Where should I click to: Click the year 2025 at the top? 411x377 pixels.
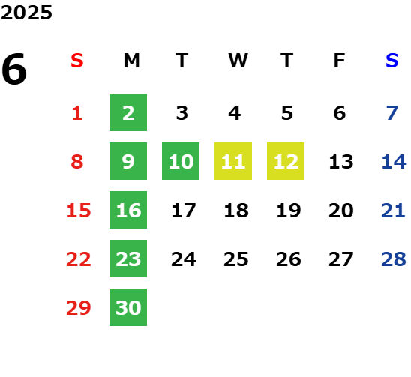(x=26, y=13)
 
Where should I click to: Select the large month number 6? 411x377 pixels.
(x=14, y=69)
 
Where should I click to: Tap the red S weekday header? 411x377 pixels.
(x=77, y=61)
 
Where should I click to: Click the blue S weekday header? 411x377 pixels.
(x=391, y=61)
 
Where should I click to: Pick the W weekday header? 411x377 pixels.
(x=238, y=61)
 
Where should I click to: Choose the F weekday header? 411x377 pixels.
(x=340, y=61)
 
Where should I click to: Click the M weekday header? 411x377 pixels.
(x=131, y=61)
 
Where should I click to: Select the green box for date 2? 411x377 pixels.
(x=128, y=112)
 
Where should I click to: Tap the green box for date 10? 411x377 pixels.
(x=181, y=161)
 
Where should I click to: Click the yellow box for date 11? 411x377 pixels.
(x=233, y=161)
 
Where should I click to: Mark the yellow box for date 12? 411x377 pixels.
(x=286, y=161)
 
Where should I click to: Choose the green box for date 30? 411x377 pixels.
(x=128, y=307)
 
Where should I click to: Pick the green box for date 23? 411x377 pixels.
(x=128, y=259)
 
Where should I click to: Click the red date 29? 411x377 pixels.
(x=79, y=307)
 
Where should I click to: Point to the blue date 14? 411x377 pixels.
(x=394, y=161)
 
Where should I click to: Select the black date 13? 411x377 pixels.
(x=341, y=161)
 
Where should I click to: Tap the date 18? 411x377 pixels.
(x=236, y=210)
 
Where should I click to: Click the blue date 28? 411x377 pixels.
(x=394, y=259)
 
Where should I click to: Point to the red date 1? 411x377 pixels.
(x=77, y=113)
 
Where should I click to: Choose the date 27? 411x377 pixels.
(x=341, y=259)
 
